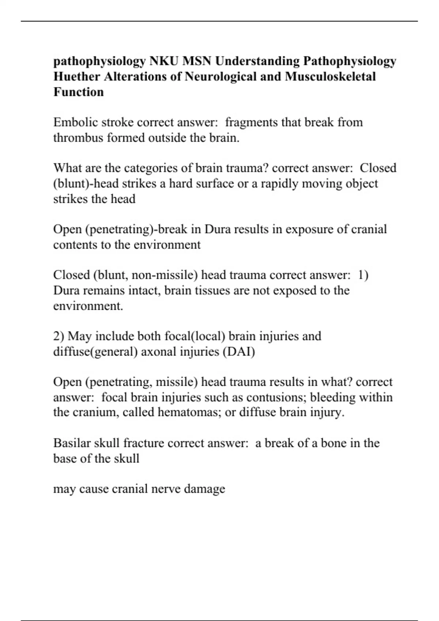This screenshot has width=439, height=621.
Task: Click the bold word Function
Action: [x=79, y=92]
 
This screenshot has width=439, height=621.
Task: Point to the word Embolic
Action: [x=75, y=122]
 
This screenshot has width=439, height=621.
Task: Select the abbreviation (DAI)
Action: [x=239, y=352]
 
